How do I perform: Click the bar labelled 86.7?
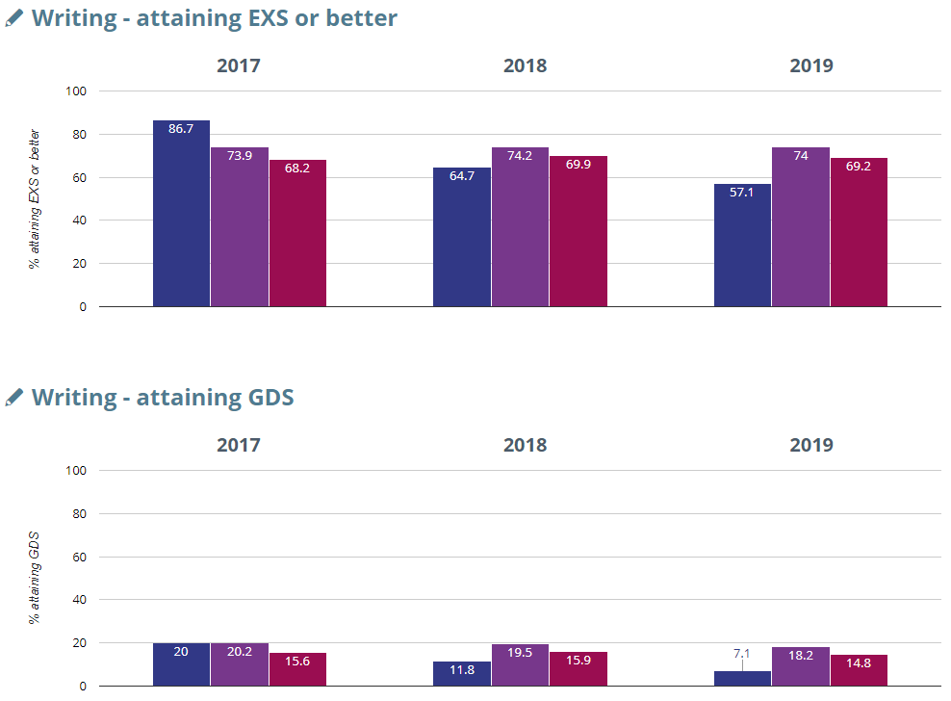(181, 214)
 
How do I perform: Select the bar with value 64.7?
(462, 237)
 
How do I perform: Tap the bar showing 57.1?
(742, 246)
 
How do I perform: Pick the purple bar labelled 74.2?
(520, 227)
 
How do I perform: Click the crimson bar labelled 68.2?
(297, 233)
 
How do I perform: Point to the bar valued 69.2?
(859, 232)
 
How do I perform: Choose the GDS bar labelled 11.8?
(462, 673)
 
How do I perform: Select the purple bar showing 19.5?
(520, 665)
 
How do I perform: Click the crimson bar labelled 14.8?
(859, 670)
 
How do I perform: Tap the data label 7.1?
(742, 653)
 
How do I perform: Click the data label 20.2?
(239, 652)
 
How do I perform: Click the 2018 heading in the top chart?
(525, 66)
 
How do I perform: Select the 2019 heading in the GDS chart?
(811, 446)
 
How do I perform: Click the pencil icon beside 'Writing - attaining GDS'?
(14, 397)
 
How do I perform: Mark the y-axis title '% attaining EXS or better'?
(35, 198)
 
